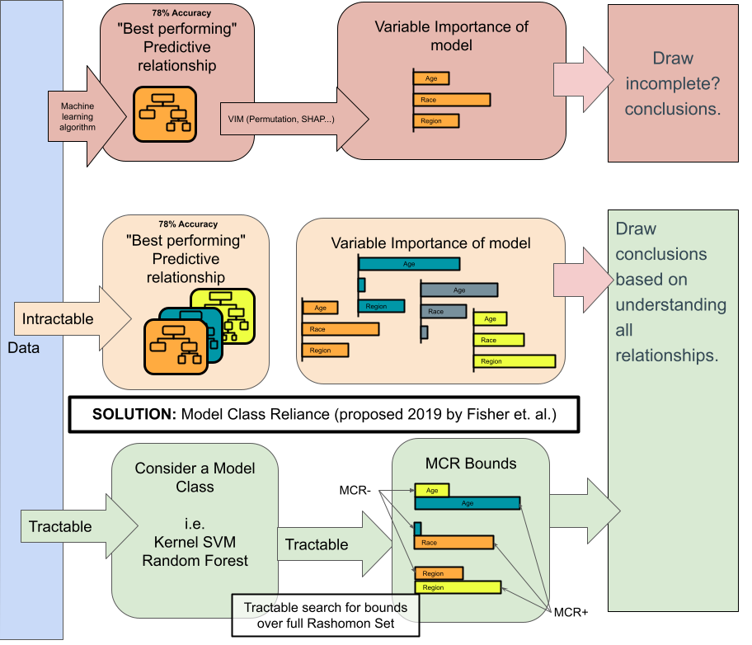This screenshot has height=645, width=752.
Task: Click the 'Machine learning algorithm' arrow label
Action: (78, 116)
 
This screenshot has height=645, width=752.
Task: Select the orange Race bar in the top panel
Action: (451, 100)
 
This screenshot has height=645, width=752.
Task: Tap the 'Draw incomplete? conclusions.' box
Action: (672, 82)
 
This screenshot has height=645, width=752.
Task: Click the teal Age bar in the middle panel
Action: (409, 264)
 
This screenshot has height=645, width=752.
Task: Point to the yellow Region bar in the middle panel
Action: (514, 360)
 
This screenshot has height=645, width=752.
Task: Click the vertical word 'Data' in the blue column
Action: (24, 347)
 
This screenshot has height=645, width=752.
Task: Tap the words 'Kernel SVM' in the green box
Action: (195, 542)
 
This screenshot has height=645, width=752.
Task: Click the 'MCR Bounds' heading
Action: (471, 463)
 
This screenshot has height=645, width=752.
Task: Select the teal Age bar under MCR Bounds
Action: (467, 503)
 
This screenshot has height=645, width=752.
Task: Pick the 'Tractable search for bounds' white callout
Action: (326, 615)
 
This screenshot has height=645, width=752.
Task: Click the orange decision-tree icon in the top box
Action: (166, 114)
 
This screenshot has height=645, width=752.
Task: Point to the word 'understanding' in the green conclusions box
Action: (670, 305)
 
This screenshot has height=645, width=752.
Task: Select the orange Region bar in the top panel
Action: (436, 120)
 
